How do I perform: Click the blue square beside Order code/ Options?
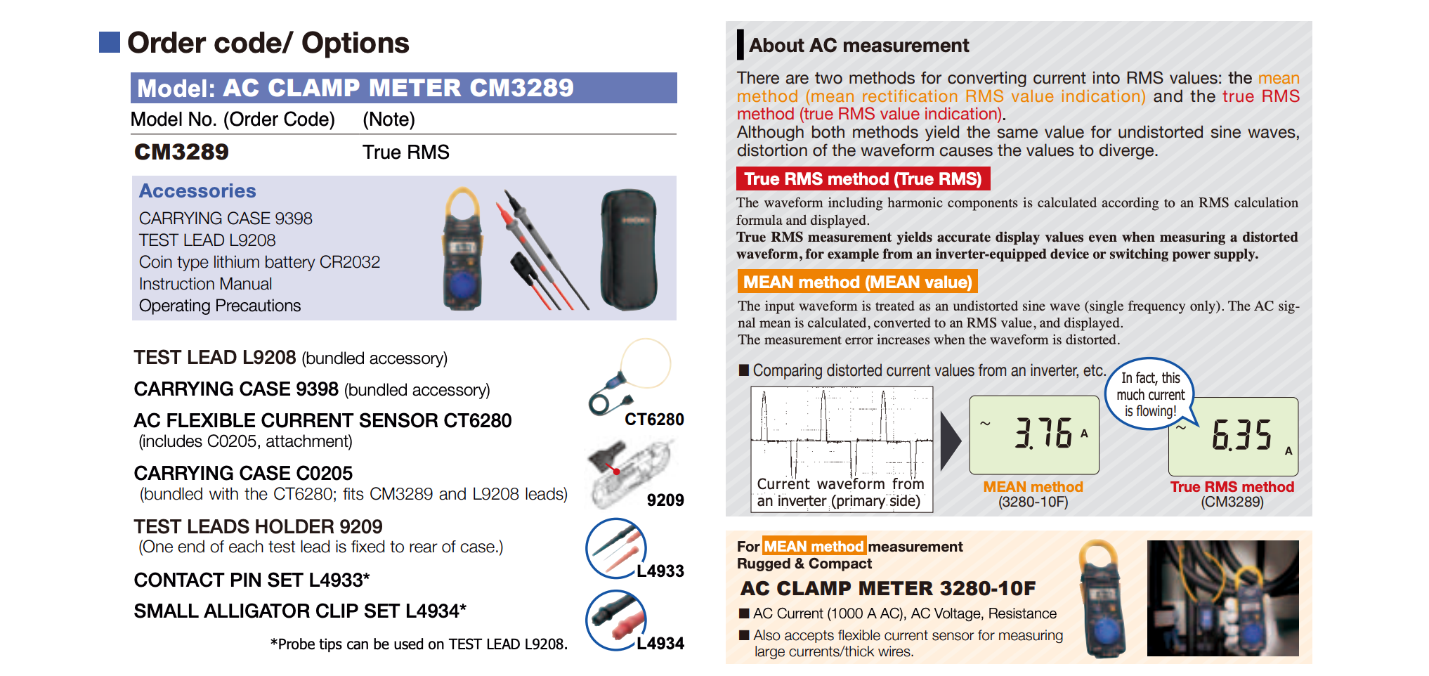[x=110, y=42]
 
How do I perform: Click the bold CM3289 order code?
[x=181, y=152]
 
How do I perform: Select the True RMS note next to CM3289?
[x=405, y=152]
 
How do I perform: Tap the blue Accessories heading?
[x=197, y=191]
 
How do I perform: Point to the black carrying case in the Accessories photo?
[x=628, y=249]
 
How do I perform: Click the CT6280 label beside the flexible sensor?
[x=654, y=420]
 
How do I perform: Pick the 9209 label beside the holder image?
[x=665, y=500]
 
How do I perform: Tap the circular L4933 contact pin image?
[x=615, y=548]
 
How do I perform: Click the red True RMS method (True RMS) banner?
[x=863, y=179]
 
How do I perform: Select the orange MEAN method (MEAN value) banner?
[x=857, y=282]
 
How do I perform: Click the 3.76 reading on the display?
[x=1043, y=433]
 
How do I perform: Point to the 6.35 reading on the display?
[x=1241, y=435]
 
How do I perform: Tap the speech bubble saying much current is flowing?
[x=1150, y=394]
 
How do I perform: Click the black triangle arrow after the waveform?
[x=950, y=441]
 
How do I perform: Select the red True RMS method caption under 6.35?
[x=1232, y=487]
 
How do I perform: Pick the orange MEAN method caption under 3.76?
[x=1033, y=487]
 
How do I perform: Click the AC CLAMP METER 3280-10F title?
[x=887, y=588]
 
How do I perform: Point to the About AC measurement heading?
[x=859, y=46]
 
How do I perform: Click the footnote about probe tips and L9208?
[x=419, y=644]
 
